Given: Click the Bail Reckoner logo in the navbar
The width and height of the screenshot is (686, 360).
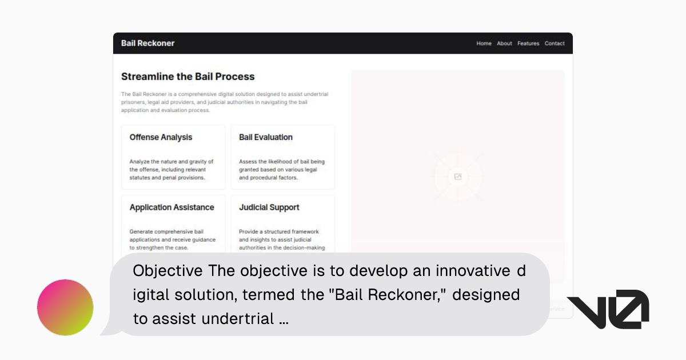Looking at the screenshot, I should coord(147,43).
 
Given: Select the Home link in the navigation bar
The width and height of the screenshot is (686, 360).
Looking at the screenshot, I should coord(484,43).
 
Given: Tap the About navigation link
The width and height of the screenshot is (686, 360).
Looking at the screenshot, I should coord(504,43).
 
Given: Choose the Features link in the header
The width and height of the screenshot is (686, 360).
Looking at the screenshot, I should coord(528,43).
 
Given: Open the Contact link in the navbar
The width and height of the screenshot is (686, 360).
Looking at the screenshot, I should coord(555,43).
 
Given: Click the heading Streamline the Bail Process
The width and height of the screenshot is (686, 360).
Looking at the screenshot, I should coord(188,77).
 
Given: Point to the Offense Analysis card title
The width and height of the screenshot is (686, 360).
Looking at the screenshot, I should coord(161,137).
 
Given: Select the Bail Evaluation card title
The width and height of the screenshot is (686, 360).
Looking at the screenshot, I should coord(265,137).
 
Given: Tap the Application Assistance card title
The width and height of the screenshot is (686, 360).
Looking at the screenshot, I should coord(171,207).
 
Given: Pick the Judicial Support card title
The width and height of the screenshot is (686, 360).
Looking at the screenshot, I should coord(269,207).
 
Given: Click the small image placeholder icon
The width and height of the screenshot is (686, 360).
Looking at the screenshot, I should coord(458,177).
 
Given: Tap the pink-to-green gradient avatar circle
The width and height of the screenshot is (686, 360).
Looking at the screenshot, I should coord(65,307).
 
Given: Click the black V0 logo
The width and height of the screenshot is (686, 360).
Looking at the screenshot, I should coord(608,309).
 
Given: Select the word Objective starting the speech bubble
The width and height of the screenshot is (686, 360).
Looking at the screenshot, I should coord(167,270).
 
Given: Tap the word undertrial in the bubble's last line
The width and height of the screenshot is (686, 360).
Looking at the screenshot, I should coord(241,319).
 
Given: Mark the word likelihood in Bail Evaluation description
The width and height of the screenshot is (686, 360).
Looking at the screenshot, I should coord(278,162).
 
